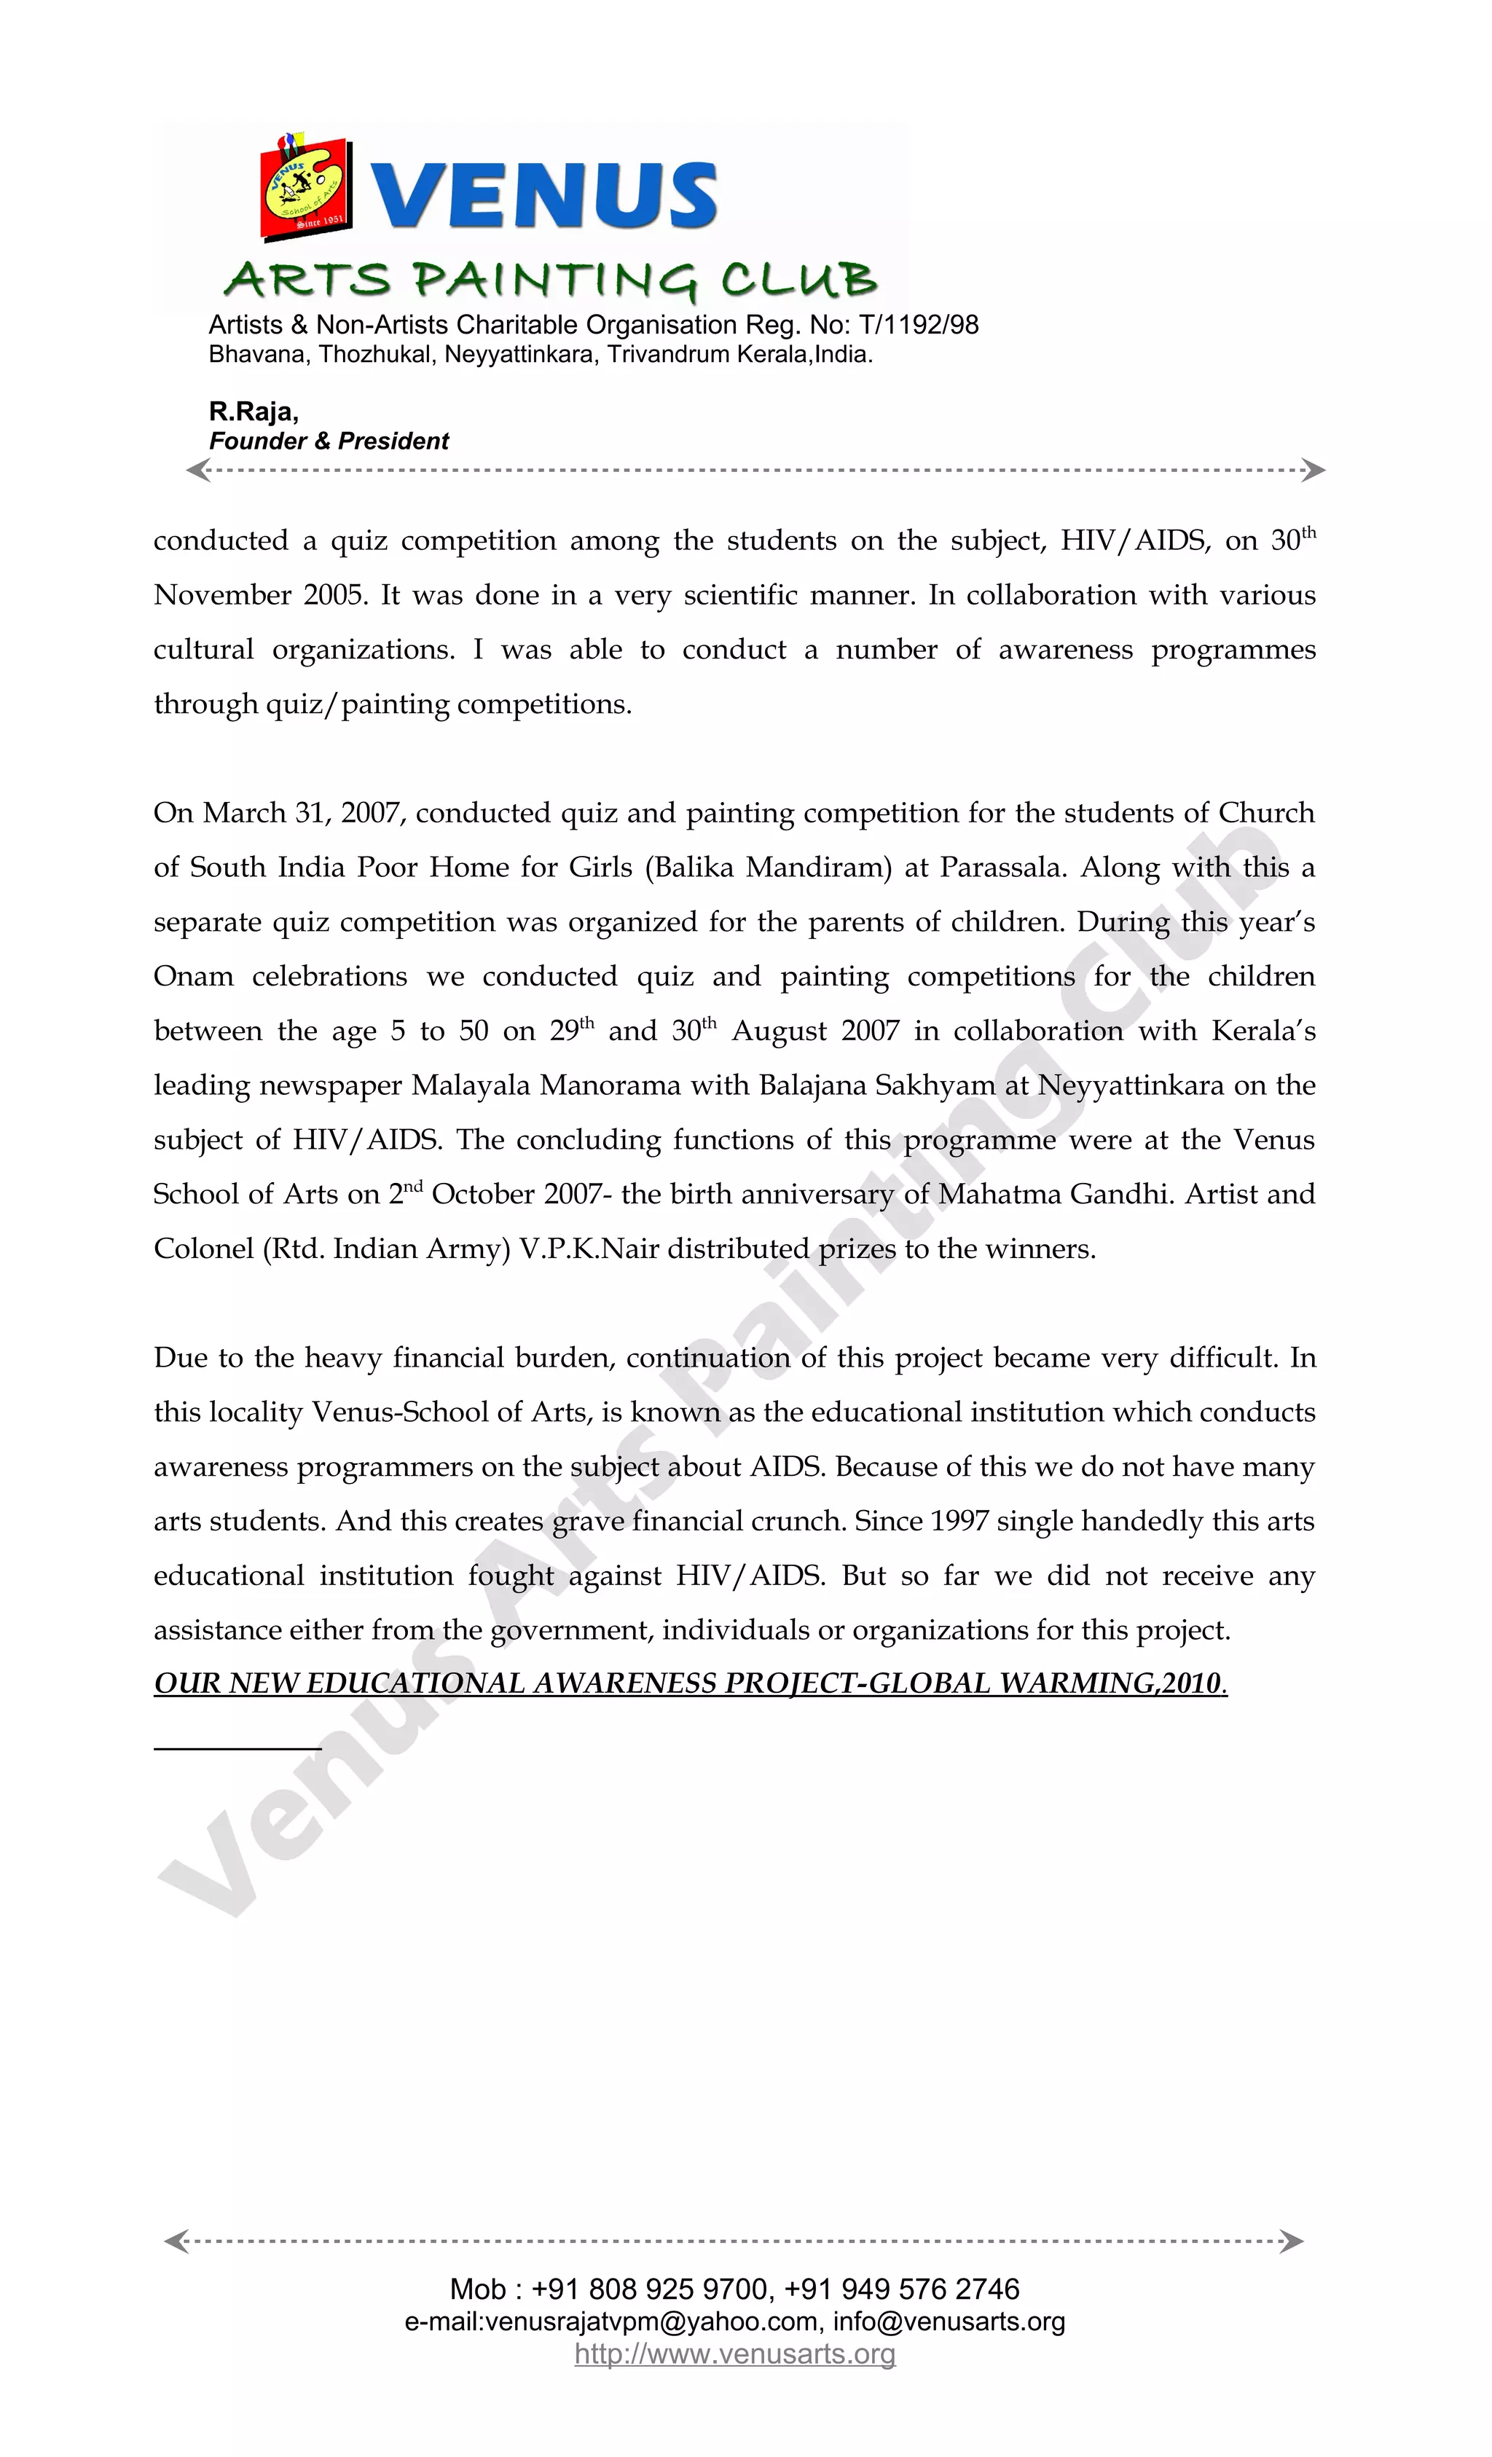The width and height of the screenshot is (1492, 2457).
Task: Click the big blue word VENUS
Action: tap(546, 194)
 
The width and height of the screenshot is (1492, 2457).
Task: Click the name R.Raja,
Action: tap(254, 412)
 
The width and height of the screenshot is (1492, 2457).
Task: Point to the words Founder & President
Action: tap(329, 441)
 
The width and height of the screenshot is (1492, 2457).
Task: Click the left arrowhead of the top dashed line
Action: tap(198, 471)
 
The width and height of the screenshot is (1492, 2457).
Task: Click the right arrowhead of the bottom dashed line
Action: tap(1292, 2241)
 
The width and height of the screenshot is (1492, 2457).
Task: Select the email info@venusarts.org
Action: tap(949, 2322)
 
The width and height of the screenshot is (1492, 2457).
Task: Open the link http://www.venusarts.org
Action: tap(735, 2354)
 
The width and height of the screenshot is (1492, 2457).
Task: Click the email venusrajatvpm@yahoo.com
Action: tap(651, 2322)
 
